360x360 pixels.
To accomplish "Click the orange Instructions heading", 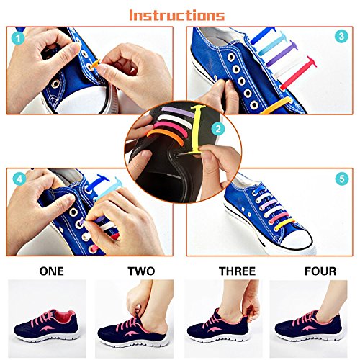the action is [x=177, y=15].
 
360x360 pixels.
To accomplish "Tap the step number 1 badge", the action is [x=19, y=38].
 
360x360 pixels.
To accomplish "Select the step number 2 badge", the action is [x=218, y=129].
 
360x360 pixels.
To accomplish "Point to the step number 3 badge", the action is [x=341, y=37].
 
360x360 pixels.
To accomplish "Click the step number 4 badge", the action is [x=19, y=179].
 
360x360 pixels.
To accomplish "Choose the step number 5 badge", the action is [x=341, y=179].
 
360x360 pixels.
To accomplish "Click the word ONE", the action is [x=51, y=271].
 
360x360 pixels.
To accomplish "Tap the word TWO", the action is [x=141, y=271].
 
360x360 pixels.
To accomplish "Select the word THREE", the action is [x=237, y=271].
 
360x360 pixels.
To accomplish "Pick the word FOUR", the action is [x=320, y=271].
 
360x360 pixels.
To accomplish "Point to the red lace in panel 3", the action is [x=299, y=73].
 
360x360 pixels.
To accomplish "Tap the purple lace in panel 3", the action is [x=282, y=53].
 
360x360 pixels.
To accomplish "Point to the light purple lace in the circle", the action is [x=177, y=112].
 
